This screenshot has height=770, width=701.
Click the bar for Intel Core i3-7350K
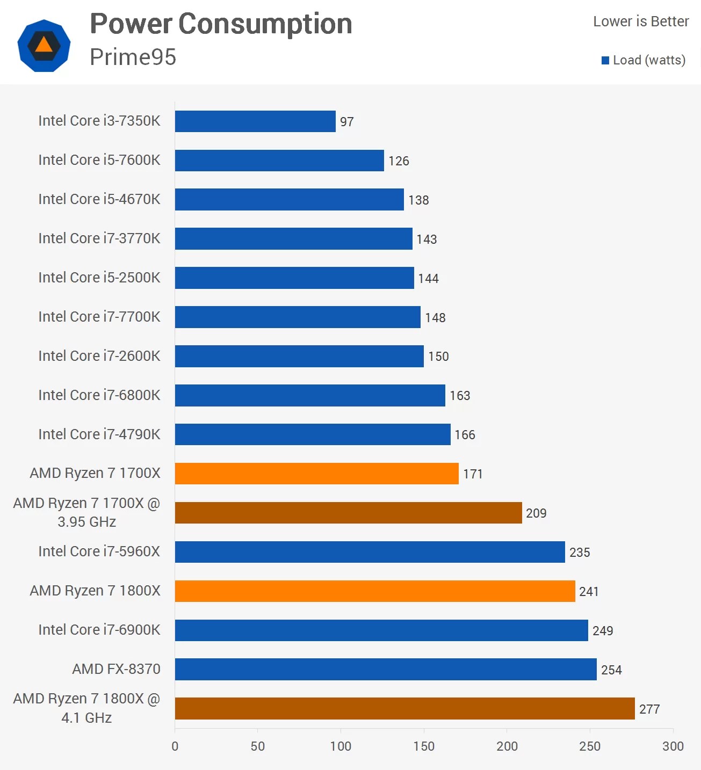(x=255, y=121)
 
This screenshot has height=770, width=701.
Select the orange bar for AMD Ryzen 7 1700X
(x=317, y=474)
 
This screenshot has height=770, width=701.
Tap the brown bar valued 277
(x=404, y=709)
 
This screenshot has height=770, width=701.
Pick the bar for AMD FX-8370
(x=386, y=670)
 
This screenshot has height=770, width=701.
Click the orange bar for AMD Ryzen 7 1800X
(x=375, y=591)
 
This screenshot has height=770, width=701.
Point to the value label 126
(x=399, y=161)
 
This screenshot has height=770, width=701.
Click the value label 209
(x=536, y=513)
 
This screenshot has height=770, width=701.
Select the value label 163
(x=460, y=396)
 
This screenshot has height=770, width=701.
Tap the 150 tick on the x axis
(x=424, y=746)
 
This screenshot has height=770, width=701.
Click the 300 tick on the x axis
(x=673, y=746)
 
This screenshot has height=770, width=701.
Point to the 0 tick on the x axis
(x=175, y=746)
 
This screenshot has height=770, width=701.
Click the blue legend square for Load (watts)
(x=605, y=60)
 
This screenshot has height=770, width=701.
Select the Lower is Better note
(x=641, y=21)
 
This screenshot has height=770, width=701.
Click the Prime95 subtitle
(x=133, y=57)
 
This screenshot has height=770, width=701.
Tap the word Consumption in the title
(x=265, y=24)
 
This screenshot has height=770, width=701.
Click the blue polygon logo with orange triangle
(x=44, y=46)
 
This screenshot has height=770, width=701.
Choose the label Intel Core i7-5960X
(x=99, y=551)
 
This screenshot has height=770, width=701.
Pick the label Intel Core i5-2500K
(x=99, y=278)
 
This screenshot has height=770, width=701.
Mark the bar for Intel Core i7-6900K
(x=381, y=630)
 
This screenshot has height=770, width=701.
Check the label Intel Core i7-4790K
(x=99, y=434)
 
